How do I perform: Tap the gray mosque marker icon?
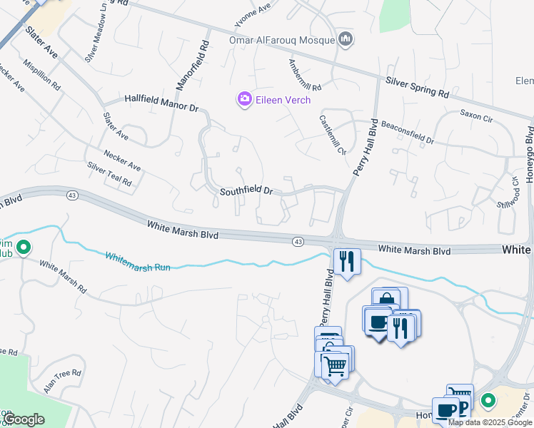[x=346, y=39]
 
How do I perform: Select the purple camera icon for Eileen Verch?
[x=244, y=98]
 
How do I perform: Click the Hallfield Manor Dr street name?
[x=161, y=103]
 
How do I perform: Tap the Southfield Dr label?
[x=246, y=191]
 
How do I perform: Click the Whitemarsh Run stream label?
[x=138, y=261]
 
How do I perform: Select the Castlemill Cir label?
[x=333, y=136]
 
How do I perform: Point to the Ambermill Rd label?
[x=305, y=74]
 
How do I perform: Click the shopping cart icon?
[x=336, y=365]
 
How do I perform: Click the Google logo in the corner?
[x=24, y=419]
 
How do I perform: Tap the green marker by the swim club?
[x=23, y=248]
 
